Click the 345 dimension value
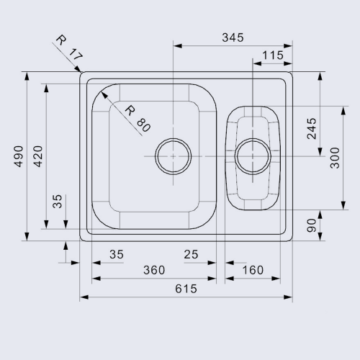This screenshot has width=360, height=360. coord(233,37)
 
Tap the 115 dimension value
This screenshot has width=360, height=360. coord(273,55)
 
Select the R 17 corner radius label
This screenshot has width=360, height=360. coord(69,48)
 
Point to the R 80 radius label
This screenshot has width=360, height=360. coord(138,119)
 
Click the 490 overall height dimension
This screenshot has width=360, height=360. coord(19,156)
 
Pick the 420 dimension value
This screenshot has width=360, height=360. coord(37,156)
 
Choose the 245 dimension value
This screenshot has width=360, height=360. coord(312,129)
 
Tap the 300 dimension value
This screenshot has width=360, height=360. coord(335,158)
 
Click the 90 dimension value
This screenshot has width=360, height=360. coord(312,225)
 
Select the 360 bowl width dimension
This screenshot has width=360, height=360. coord(154,270)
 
